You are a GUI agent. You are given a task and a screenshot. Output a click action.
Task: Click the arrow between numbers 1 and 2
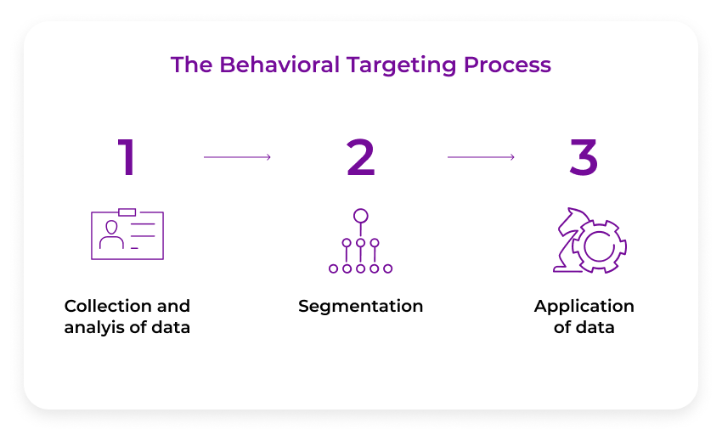tap(237, 157)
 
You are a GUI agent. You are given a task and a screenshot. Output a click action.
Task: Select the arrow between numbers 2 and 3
tap(481, 157)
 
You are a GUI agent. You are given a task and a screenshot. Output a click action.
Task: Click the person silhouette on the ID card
tap(111, 235)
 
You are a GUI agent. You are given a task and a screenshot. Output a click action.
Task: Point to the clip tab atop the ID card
tap(127, 212)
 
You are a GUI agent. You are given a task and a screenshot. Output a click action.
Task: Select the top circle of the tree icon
tap(361, 215)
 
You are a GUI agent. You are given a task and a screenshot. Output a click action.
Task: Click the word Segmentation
tap(361, 306)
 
